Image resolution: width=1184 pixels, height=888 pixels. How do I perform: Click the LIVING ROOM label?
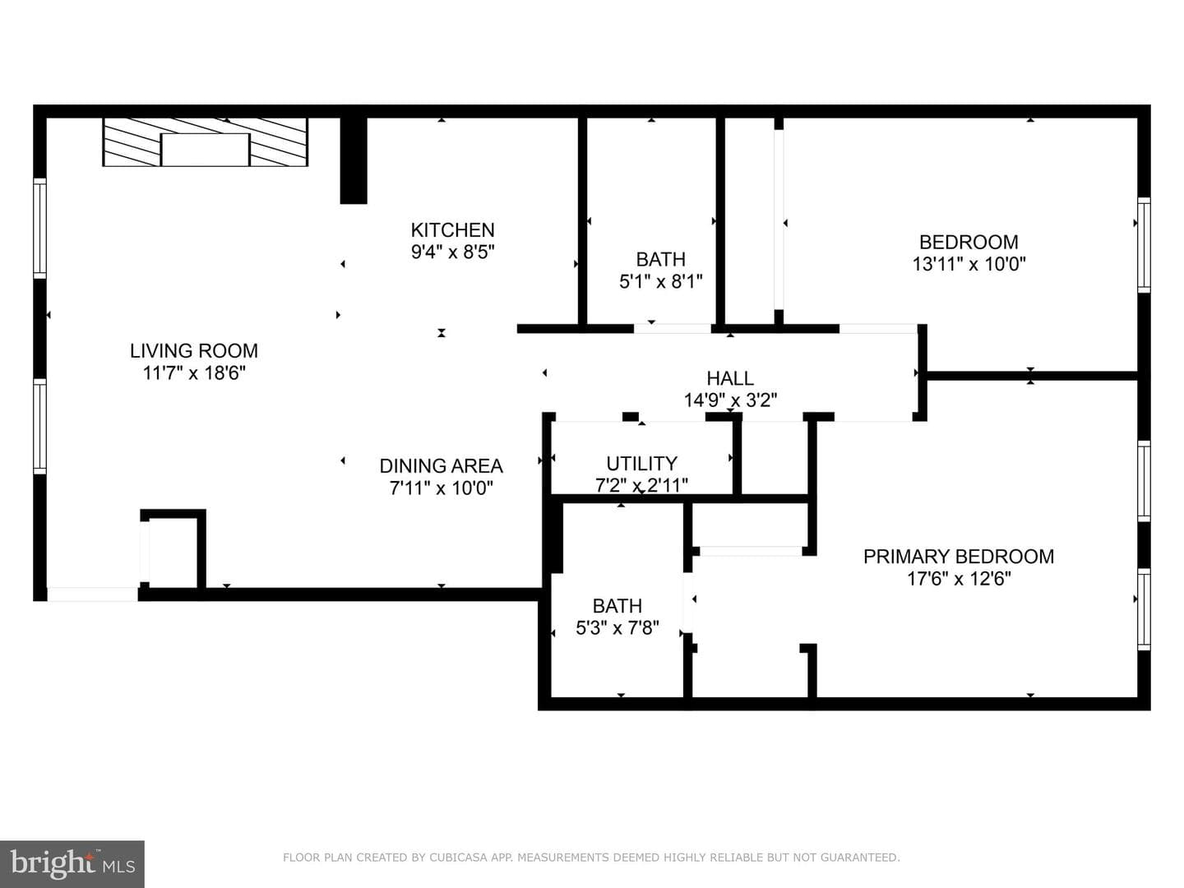pyautogui.click(x=194, y=351)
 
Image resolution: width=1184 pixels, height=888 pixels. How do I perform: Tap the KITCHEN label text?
pyautogui.click(x=452, y=230)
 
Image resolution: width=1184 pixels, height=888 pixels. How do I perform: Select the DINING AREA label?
pyautogui.click(x=442, y=466)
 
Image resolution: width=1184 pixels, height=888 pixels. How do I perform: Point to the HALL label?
pyautogui.click(x=730, y=378)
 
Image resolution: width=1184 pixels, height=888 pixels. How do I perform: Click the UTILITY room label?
pyautogui.click(x=641, y=464)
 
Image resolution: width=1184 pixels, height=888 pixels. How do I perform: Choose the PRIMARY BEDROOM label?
pyautogui.click(x=959, y=557)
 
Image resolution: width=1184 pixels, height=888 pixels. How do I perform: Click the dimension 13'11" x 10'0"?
pyautogui.click(x=969, y=264)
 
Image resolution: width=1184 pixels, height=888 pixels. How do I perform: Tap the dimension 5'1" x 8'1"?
pyautogui.click(x=661, y=281)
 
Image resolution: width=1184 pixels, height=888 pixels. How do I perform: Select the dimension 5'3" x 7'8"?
pyautogui.click(x=617, y=628)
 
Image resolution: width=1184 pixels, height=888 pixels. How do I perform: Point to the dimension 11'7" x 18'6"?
pyautogui.click(x=194, y=373)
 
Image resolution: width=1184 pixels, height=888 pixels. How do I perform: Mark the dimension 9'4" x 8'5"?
pyautogui.click(x=452, y=252)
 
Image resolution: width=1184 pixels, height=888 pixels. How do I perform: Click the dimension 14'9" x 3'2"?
pyautogui.click(x=730, y=400)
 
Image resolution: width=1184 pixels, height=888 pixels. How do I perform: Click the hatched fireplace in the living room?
pyautogui.click(x=205, y=141)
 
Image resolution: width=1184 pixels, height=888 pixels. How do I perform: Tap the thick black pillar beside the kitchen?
pyautogui.click(x=354, y=160)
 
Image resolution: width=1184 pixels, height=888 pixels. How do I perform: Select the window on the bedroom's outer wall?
pyautogui.click(x=1144, y=245)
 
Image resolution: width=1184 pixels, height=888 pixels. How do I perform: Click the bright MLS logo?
pyautogui.click(x=72, y=863)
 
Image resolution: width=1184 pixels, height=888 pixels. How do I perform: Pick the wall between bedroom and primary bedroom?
pyautogui.click(x=1030, y=375)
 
